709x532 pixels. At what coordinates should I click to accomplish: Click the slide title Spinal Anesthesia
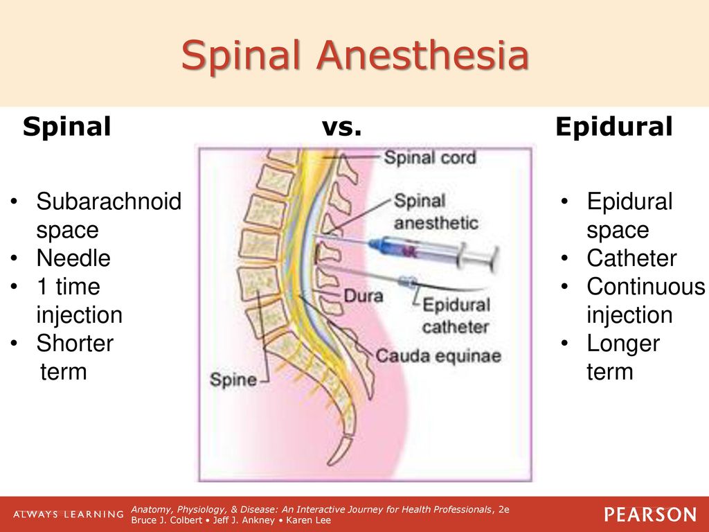click(x=355, y=55)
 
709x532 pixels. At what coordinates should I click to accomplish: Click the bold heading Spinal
click(x=67, y=127)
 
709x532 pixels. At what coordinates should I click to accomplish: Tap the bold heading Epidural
click(x=614, y=127)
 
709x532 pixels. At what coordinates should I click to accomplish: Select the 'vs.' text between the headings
click(x=341, y=127)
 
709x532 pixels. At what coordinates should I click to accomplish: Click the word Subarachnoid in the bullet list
click(x=109, y=201)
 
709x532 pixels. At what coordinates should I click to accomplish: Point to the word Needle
click(x=73, y=258)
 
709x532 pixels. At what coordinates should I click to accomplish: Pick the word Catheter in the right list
click(x=631, y=258)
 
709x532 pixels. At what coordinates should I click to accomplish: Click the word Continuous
click(x=646, y=287)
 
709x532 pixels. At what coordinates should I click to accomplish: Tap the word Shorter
click(x=75, y=344)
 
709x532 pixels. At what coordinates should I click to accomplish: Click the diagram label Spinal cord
click(x=429, y=157)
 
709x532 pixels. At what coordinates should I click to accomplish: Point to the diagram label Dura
click(x=363, y=296)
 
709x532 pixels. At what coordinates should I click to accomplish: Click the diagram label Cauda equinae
click(x=438, y=356)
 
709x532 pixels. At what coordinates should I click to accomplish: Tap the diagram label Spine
click(x=233, y=380)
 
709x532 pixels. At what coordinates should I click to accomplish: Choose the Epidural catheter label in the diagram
click(x=456, y=316)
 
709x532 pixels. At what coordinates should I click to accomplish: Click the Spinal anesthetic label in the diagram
click(x=436, y=212)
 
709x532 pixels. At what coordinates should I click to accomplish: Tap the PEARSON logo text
click(x=650, y=515)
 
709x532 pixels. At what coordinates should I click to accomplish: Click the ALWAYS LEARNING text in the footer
click(x=69, y=515)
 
